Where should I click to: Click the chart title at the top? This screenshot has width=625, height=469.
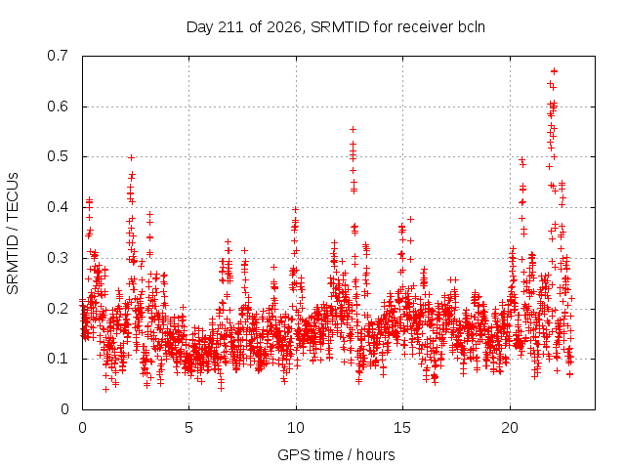pyautogui.click(x=336, y=27)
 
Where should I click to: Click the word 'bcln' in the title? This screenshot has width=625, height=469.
pyautogui.click(x=472, y=27)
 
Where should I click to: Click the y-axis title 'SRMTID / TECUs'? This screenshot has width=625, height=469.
pyautogui.click(x=13, y=234)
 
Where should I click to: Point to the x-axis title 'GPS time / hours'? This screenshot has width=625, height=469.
pyautogui.click(x=336, y=454)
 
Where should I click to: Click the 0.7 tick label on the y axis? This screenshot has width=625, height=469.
pyautogui.click(x=58, y=56)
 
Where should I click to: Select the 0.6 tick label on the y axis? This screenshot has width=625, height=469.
pyautogui.click(x=58, y=107)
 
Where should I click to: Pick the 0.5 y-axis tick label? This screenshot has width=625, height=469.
pyautogui.click(x=58, y=156)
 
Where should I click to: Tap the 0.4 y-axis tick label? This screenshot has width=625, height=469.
pyautogui.click(x=58, y=207)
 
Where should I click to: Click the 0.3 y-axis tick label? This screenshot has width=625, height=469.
pyautogui.click(x=58, y=258)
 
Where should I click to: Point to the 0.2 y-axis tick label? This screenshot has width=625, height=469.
pyautogui.click(x=58, y=309)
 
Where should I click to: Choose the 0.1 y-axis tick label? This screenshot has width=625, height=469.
pyautogui.click(x=58, y=359)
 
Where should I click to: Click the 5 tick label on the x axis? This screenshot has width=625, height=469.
pyautogui.click(x=188, y=428)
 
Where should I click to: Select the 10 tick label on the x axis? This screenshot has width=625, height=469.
pyautogui.click(x=296, y=428)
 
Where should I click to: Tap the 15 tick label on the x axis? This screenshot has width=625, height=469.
pyautogui.click(x=402, y=428)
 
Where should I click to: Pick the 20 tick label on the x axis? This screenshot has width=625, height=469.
pyautogui.click(x=510, y=428)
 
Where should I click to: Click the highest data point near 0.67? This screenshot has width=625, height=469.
pyautogui.click(x=554, y=71)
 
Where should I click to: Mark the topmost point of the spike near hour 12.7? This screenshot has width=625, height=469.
pyautogui.click(x=353, y=130)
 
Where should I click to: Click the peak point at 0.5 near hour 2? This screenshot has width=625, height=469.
pyautogui.click(x=131, y=158)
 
